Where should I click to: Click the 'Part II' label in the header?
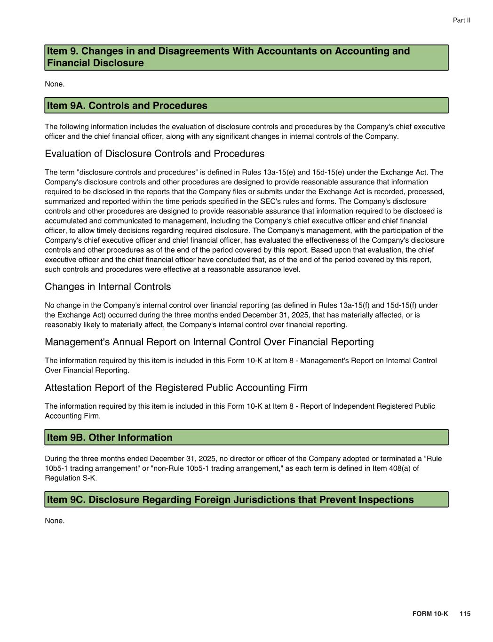[x=461, y=20]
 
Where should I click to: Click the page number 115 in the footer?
[x=465, y=614]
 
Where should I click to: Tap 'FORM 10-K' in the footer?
[x=430, y=614]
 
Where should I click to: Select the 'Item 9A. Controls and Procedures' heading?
[x=127, y=105]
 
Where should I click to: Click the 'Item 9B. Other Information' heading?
[x=110, y=437]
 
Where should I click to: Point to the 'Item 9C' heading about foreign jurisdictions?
[x=230, y=499]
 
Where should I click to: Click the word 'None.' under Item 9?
[x=55, y=84]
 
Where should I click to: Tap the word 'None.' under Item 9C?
[x=55, y=521]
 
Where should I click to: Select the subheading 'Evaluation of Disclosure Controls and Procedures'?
[x=154, y=154]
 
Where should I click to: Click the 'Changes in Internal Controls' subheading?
[x=108, y=287]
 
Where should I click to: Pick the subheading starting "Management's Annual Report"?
[x=209, y=342]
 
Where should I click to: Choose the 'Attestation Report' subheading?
[x=176, y=388]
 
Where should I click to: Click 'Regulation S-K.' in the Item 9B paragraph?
[x=71, y=478]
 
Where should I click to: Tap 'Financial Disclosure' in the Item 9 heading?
[x=95, y=63]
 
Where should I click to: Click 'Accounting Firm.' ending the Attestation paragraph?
[x=72, y=416]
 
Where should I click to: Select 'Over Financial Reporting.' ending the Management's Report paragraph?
[x=87, y=370]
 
